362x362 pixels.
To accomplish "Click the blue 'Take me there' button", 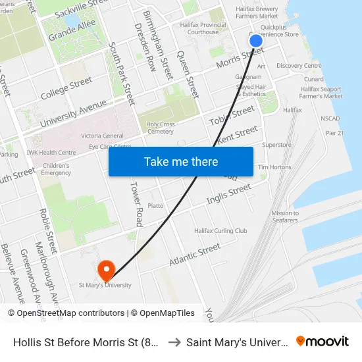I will click(181, 161).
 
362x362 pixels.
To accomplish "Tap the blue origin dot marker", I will click(256, 41).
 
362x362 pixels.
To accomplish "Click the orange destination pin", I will click(105, 270).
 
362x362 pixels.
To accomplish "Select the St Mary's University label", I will click(105, 285).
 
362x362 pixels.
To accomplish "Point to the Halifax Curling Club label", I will click(220, 231).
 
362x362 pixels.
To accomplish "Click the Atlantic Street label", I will click(195, 255).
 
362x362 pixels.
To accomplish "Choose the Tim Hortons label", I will click(274, 167).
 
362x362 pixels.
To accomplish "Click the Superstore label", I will click(276, 145).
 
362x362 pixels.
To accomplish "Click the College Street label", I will click(66, 90).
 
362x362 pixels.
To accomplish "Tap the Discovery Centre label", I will click(299, 66).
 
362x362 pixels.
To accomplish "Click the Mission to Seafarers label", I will click(285, 217).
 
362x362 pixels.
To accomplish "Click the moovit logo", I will click(322, 341).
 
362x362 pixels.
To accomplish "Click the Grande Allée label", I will click(72, 30).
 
